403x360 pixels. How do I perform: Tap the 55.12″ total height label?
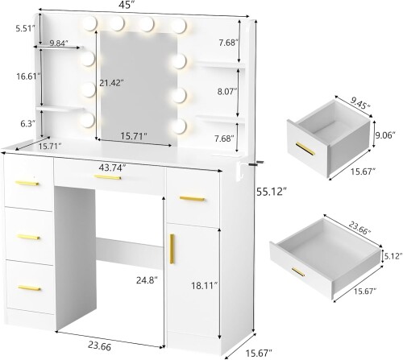271,192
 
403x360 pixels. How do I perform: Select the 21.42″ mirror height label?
111,83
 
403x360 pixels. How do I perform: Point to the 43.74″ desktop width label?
112,168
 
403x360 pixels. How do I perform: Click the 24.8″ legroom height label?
147,280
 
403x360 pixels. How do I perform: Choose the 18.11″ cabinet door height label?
204,286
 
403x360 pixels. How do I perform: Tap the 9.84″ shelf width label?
59,43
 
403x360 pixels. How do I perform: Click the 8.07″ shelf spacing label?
227,92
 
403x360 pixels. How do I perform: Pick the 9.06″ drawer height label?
385,135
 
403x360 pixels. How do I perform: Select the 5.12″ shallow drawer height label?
393,256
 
